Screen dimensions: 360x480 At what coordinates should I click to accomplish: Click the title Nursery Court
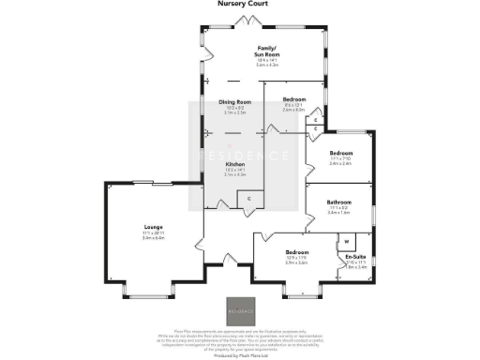click(x=238, y=4)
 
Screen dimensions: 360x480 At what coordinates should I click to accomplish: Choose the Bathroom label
click(x=338, y=202)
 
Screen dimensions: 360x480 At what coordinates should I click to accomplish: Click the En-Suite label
click(x=355, y=256)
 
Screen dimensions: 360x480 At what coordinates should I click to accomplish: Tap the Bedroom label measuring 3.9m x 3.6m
click(x=297, y=252)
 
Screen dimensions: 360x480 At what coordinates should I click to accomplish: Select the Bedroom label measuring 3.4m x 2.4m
click(x=340, y=153)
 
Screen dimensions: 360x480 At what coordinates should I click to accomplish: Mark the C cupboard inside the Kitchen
click(x=248, y=200)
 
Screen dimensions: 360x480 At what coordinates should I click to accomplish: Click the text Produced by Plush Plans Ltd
click(x=239, y=356)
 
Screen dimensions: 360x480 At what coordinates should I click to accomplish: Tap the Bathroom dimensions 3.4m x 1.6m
click(x=338, y=213)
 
